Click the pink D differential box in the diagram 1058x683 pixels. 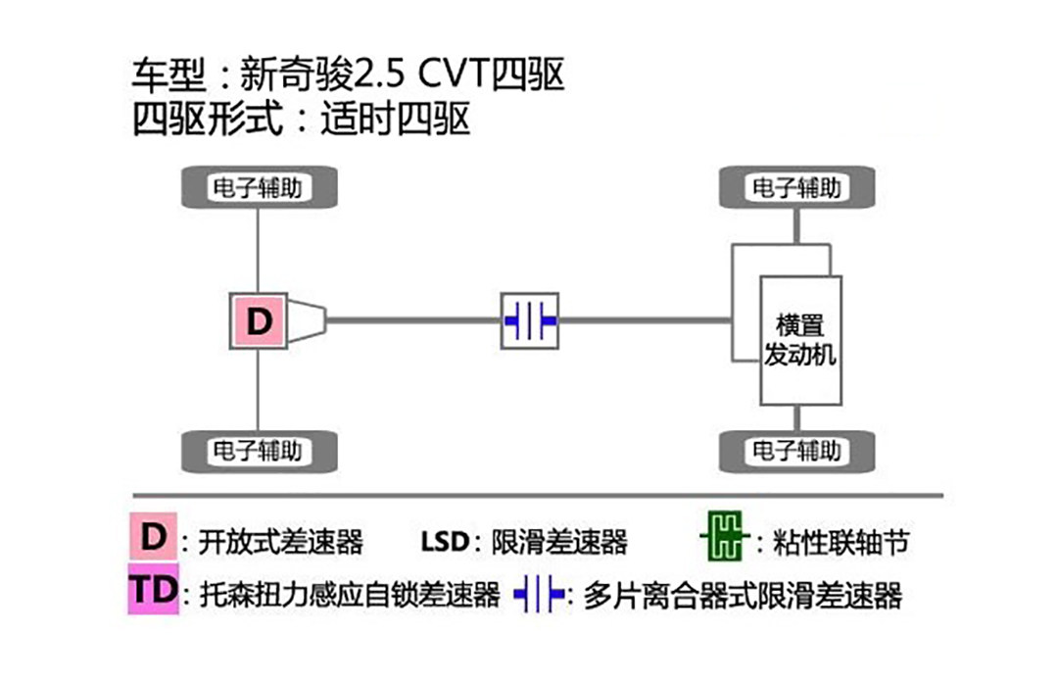(258, 320)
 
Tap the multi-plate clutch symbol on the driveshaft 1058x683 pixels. (530, 320)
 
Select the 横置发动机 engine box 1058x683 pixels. (799, 339)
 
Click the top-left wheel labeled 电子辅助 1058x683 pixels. (259, 187)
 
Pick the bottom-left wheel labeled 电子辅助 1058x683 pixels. (259, 452)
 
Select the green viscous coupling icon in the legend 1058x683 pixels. (722, 538)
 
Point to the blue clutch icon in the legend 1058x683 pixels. (540, 593)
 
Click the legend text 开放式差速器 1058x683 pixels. (280, 541)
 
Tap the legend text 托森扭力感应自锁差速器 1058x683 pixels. (349, 594)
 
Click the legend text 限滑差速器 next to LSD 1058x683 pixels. (559, 541)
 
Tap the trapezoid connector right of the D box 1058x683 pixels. (308, 320)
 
